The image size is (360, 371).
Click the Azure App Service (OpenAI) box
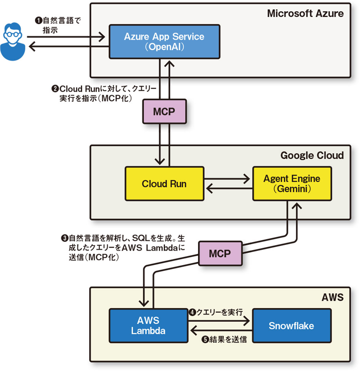(x=164, y=42)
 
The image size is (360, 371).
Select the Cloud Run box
(x=164, y=184)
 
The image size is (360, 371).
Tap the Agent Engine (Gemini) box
(x=292, y=184)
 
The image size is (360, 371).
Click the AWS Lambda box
(x=148, y=326)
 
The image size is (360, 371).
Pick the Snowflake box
(x=292, y=326)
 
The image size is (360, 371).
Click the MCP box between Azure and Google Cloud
(x=164, y=112)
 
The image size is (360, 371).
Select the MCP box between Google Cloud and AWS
(x=220, y=254)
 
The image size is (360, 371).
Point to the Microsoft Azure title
(x=305, y=14)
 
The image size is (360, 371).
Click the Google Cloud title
(x=312, y=156)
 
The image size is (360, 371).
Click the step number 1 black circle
(x=37, y=21)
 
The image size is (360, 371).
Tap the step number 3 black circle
(x=65, y=238)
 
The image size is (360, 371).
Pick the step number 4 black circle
(x=193, y=312)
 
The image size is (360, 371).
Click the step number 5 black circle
(x=205, y=339)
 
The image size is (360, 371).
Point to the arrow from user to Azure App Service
(x=65, y=36)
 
